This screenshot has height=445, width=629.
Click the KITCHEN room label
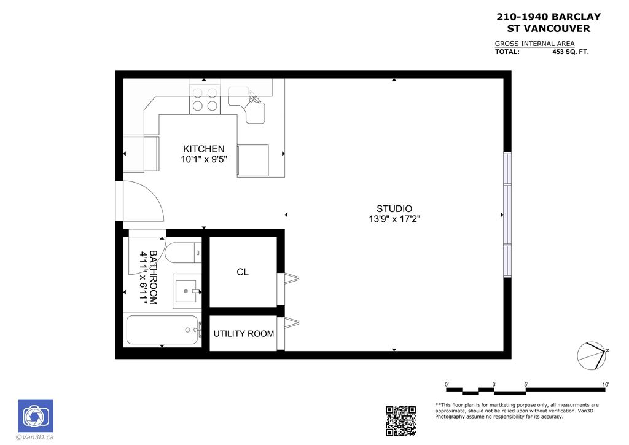pos(203,149)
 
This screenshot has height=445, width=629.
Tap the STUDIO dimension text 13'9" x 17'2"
pos(394,219)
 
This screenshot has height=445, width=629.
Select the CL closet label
pos(243,272)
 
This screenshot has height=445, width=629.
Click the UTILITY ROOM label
pos(243,334)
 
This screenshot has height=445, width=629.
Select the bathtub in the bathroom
pos(162,331)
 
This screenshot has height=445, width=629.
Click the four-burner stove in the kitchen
pos(205,100)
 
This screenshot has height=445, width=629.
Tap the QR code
pos(400,421)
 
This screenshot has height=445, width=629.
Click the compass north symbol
pos(593,355)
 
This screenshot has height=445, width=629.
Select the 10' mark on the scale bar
pos(606,385)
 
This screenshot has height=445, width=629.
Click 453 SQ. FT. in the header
pos(571,52)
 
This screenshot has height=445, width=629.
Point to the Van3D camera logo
pos(35,416)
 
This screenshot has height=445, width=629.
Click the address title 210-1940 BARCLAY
pos(548,17)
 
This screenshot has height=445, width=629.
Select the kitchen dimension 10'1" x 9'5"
pos(203,159)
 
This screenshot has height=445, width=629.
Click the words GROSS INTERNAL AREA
pos(534,44)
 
